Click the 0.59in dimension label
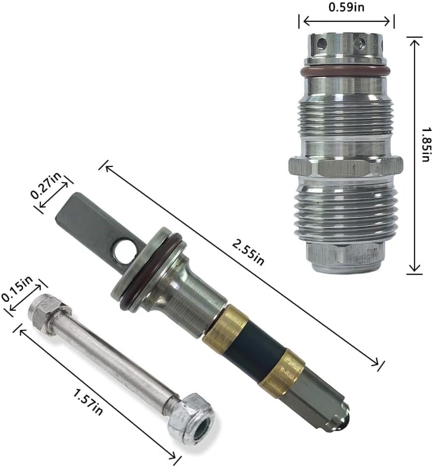[x=346, y=6]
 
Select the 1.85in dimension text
[x=426, y=145]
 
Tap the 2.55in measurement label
[x=248, y=253]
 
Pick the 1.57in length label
[x=88, y=401]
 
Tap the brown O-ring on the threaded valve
[x=346, y=72]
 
